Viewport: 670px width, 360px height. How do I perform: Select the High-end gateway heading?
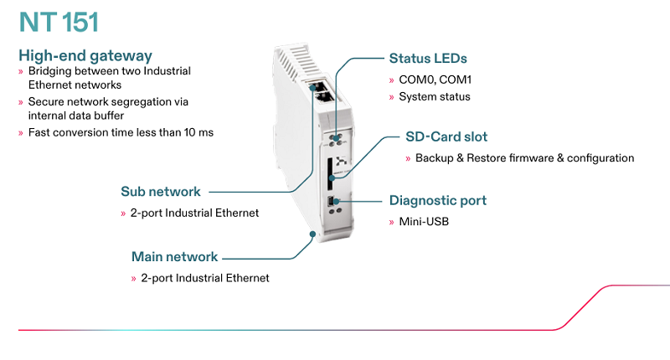pyautogui.click(x=85, y=56)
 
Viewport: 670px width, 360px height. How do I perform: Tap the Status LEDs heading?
pyautogui.click(x=428, y=59)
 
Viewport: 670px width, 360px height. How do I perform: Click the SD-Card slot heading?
pyautogui.click(x=446, y=136)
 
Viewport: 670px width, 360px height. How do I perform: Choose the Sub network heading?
pyautogui.click(x=161, y=192)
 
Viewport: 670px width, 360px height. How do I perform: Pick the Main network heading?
pyautogui.click(x=174, y=256)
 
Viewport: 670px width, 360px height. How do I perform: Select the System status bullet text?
pyautogui.click(x=434, y=96)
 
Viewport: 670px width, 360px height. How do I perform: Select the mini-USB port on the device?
pyautogui.click(x=332, y=201)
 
